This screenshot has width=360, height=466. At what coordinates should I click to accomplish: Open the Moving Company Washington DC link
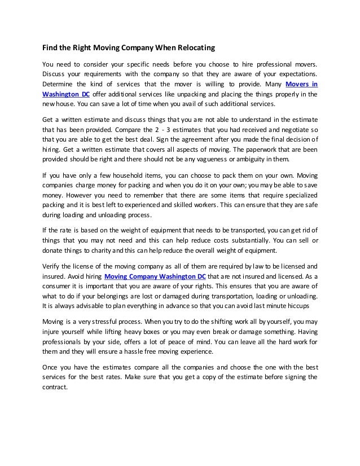(155, 276)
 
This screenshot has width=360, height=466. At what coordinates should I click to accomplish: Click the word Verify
(52, 267)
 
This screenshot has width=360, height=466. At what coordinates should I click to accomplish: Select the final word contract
(55, 387)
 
